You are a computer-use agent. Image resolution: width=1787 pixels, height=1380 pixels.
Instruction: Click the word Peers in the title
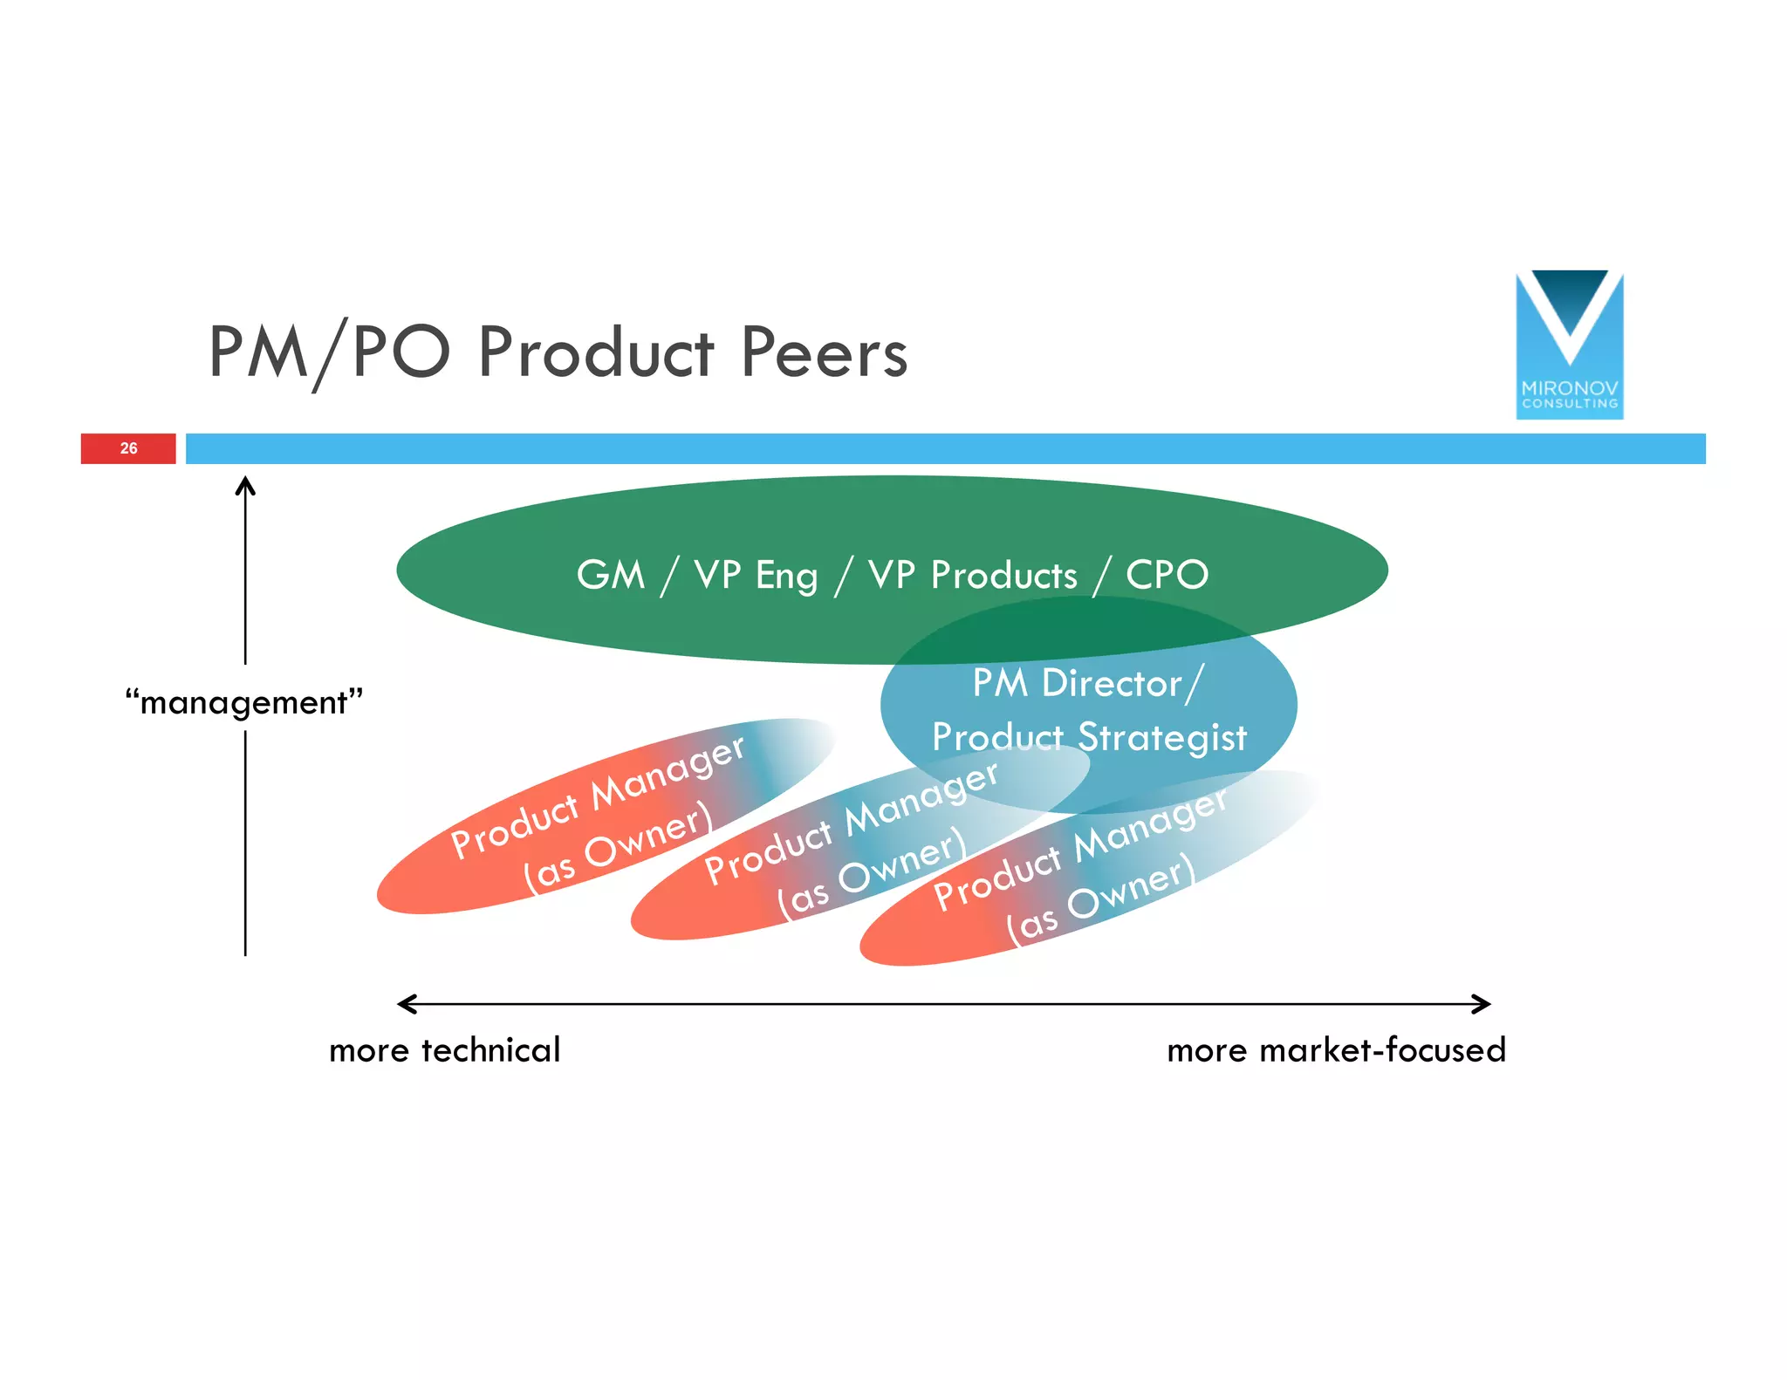pyautogui.click(x=824, y=353)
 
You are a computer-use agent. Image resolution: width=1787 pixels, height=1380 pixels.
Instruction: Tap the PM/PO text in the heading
pyautogui.click(x=329, y=353)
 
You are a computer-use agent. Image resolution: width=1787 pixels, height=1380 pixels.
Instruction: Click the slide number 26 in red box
pyautogui.click(x=128, y=448)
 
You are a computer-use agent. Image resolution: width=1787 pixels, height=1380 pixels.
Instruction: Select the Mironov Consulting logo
pyautogui.click(x=1569, y=345)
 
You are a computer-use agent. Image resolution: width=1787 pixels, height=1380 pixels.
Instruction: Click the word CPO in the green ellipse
pyautogui.click(x=1167, y=575)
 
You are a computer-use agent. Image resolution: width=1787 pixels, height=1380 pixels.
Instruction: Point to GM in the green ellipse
pyautogui.click(x=610, y=575)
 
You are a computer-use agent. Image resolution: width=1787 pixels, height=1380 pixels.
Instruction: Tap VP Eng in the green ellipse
pyautogui.click(x=756, y=575)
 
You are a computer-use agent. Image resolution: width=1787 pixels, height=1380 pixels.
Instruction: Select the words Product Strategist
pyautogui.click(x=1089, y=737)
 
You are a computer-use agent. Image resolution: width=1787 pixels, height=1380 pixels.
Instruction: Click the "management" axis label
pyautogui.click(x=243, y=702)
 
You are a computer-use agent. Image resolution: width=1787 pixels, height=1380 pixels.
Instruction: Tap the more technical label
pyautogui.click(x=444, y=1050)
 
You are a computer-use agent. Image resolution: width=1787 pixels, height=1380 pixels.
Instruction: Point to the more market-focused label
pyautogui.click(x=1336, y=1050)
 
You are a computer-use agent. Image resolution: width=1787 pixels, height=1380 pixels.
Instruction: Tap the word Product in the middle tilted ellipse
pyautogui.click(x=769, y=855)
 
